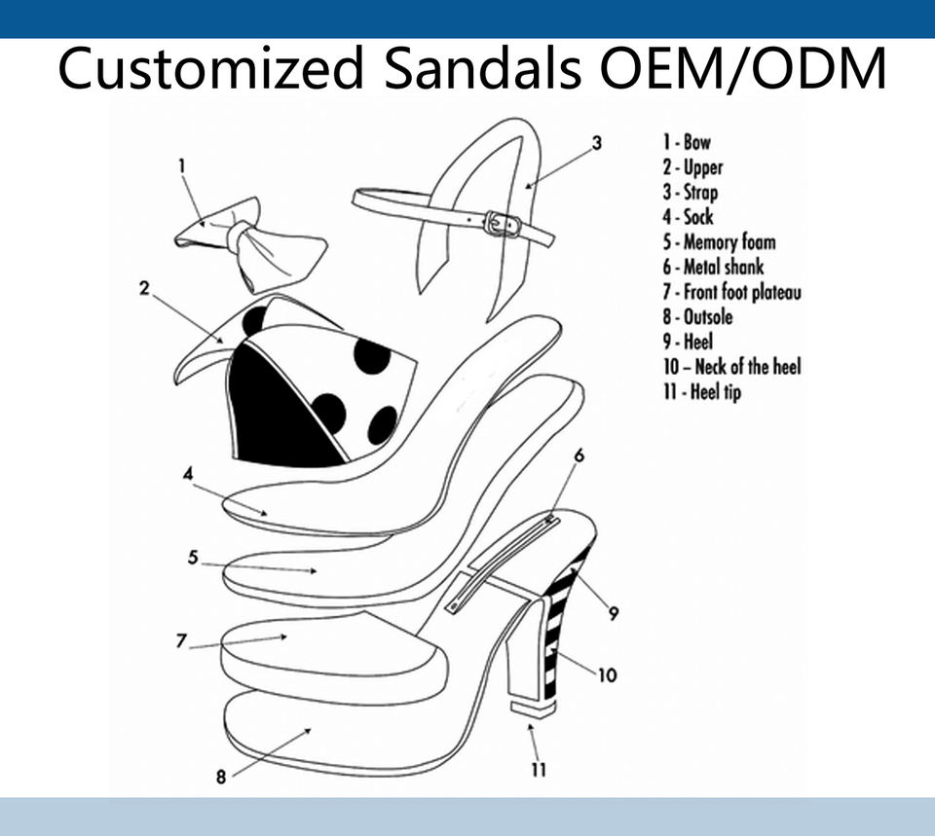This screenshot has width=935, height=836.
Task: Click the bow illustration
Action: (x=251, y=241)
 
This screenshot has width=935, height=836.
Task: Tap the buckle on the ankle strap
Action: (x=503, y=223)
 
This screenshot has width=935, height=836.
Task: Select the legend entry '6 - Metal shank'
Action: (x=713, y=267)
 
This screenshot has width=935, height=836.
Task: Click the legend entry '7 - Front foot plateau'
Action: (x=731, y=292)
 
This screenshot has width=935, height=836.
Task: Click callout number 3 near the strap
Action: (x=596, y=143)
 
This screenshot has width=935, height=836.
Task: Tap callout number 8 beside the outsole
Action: (x=221, y=777)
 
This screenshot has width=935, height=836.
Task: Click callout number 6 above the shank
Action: (x=579, y=455)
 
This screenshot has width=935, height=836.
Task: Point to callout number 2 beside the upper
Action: (x=144, y=288)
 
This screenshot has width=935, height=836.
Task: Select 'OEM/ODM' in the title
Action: (x=743, y=69)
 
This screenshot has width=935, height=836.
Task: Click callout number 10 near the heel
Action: (x=606, y=674)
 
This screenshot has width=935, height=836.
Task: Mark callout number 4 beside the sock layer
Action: (x=188, y=474)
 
